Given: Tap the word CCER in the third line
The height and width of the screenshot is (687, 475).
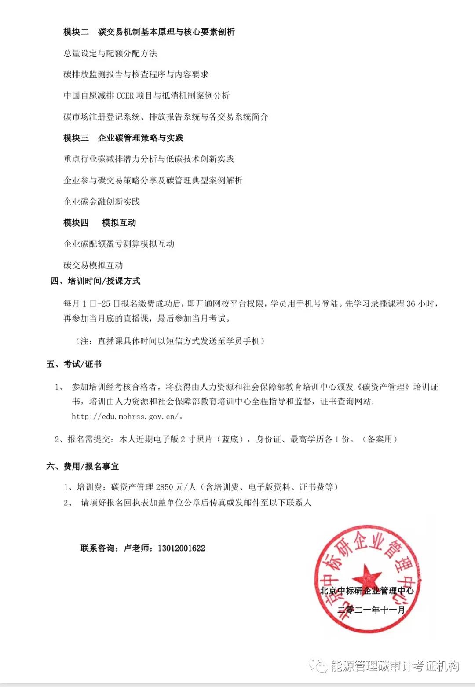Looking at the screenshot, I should [x=125, y=95].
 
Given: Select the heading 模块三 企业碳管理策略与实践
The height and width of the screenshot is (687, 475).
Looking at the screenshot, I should [x=123, y=138].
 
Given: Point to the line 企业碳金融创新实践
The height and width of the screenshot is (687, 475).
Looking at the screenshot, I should [x=102, y=201].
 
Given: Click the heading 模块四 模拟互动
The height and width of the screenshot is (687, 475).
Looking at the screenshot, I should [x=99, y=223].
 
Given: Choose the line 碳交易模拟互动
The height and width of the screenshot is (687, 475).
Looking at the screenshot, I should [x=93, y=265].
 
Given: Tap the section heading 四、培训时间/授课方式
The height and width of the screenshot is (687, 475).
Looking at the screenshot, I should [x=95, y=281].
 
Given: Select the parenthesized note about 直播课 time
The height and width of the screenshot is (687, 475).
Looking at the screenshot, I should [x=170, y=341].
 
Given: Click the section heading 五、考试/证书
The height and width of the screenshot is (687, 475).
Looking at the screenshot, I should [x=74, y=364].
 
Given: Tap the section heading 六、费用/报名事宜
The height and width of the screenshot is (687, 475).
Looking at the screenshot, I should [x=82, y=466].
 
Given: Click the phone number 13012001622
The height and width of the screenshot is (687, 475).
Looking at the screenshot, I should [x=181, y=548].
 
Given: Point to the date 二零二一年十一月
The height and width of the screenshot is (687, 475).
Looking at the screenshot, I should [x=371, y=610].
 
